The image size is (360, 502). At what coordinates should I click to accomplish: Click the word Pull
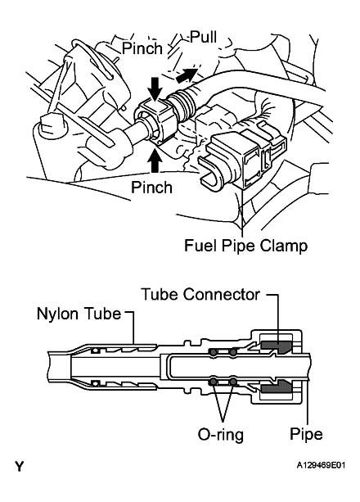pos(204,37)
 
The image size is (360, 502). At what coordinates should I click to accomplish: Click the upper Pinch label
pos(142,48)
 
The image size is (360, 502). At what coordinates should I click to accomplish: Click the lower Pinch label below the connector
pos(151,187)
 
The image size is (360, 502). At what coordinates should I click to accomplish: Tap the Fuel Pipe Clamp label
pos(245,246)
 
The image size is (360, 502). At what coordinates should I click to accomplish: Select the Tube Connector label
pos(200,294)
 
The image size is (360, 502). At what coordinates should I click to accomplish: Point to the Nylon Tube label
pos(79,314)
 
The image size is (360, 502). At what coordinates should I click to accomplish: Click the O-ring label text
pos(221,435)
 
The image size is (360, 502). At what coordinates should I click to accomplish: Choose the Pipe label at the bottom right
pos(306,435)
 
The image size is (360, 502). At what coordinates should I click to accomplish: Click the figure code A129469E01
pos(321,465)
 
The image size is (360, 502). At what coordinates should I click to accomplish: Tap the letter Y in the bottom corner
pos(19,467)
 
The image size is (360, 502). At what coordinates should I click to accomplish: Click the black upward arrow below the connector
pos(155,162)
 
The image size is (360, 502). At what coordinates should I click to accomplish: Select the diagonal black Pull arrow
pos(187,75)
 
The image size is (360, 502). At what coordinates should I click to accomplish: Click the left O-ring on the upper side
pos(213,352)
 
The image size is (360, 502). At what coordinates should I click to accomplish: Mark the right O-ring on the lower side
pos(233,382)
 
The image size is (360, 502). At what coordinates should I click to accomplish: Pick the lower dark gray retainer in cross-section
pos(277,387)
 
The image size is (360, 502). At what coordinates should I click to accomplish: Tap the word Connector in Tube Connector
pos(222,294)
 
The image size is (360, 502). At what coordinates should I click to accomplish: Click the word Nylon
pos(57,314)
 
